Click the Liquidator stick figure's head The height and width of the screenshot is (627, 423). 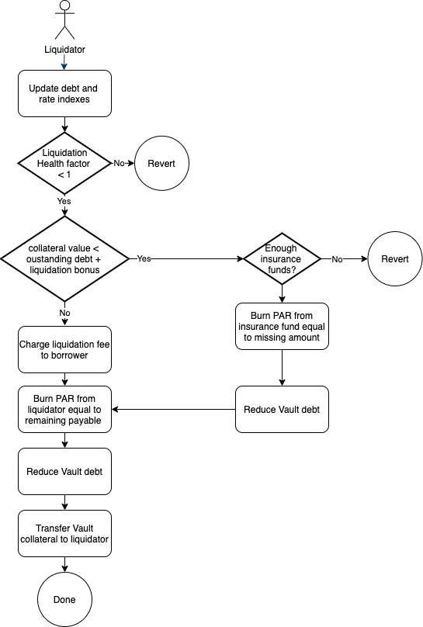click(x=64, y=5)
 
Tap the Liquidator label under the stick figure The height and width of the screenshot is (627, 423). click(x=64, y=50)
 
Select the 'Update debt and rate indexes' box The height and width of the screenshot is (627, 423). click(x=64, y=94)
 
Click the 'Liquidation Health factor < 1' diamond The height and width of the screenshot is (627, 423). click(x=64, y=163)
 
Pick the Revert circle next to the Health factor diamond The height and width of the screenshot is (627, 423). click(x=161, y=163)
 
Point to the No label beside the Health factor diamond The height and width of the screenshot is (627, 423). click(x=119, y=163)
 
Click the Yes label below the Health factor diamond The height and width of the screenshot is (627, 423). click(x=64, y=201)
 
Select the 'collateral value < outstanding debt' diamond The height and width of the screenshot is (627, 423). click(x=64, y=258)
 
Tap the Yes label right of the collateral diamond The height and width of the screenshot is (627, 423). click(x=144, y=258)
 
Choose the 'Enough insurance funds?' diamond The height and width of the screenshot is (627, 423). click(x=282, y=258)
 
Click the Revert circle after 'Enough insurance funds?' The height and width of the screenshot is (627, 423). click(x=394, y=258)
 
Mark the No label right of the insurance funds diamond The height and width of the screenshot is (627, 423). click(x=337, y=259)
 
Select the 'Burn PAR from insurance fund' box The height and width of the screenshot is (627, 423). click(x=282, y=326)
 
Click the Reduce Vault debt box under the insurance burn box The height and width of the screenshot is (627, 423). click(x=282, y=409)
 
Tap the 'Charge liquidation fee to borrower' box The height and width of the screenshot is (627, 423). click(x=64, y=350)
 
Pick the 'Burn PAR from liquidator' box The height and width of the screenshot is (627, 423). click(x=64, y=409)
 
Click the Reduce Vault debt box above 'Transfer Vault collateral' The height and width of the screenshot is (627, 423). click(x=64, y=472)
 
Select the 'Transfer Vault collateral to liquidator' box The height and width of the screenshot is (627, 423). click(x=64, y=533)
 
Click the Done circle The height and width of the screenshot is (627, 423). click(x=64, y=599)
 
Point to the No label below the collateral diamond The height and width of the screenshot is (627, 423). click(x=64, y=313)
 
